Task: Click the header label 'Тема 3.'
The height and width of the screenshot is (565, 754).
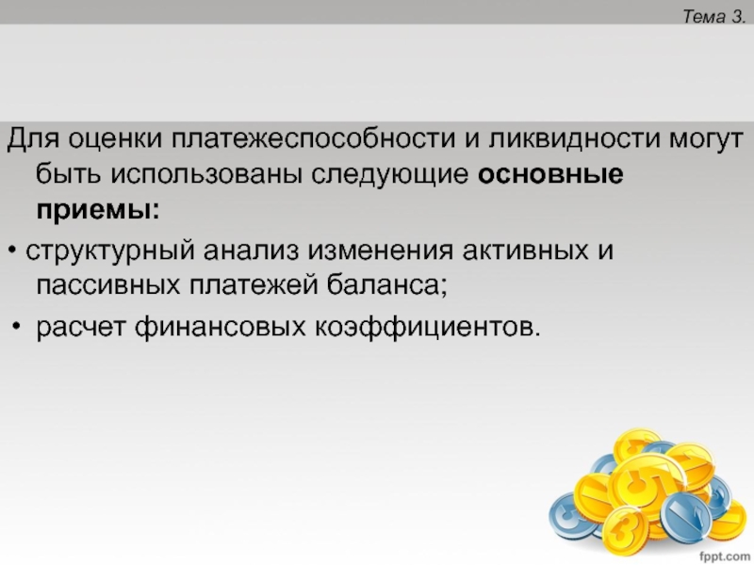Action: pos(713,17)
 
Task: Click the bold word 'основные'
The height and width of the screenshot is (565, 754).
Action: pos(550,174)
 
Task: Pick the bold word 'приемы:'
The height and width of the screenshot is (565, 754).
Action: pos(98,210)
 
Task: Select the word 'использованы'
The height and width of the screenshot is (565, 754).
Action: pos(207,174)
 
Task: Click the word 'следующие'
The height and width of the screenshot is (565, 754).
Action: pos(389,175)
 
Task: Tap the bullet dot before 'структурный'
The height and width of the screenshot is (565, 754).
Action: pos(13,250)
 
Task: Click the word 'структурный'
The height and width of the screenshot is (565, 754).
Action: pos(110,250)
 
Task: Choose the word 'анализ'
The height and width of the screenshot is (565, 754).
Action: pos(251,250)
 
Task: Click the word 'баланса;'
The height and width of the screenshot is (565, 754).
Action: pos(387,285)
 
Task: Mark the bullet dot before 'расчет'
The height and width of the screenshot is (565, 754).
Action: pos(17,326)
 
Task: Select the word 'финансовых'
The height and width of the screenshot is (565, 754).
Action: pos(221,327)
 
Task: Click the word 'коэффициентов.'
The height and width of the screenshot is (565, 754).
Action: pos(428,327)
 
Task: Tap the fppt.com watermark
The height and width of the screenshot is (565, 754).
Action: pos(724,557)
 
